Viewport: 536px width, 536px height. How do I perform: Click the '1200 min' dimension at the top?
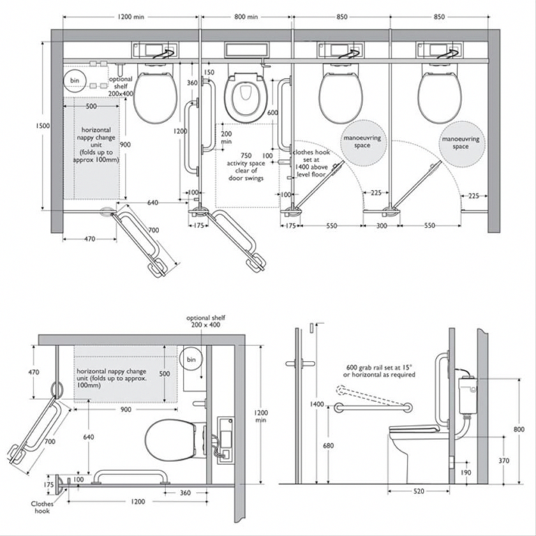[x=131, y=17]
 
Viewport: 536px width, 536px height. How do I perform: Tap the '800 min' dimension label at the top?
[x=246, y=17]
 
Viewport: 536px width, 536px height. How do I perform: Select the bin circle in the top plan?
[x=75, y=81]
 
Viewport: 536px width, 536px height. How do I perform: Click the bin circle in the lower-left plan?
[x=191, y=359]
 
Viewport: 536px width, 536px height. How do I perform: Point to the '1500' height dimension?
[x=42, y=126]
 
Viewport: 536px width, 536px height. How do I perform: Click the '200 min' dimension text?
[x=226, y=137]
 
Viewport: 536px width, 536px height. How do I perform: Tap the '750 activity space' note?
[x=246, y=167]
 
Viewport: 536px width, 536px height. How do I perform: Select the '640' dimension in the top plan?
[x=152, y=202]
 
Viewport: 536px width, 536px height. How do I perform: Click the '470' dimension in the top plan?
[x=89, y=239]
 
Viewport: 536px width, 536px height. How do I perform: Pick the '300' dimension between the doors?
[x=382, y=225]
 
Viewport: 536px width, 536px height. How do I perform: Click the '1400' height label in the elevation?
[x=317, y=404]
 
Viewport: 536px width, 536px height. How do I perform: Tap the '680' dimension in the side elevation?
[x=328, y=445]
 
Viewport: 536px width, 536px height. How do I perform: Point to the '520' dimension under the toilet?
[x=419, y=491]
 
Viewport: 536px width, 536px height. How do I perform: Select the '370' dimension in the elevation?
[x=503, y=461]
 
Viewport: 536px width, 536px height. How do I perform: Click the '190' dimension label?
[x=466, y=472]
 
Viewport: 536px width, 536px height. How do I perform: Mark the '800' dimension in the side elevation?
[x=519, y=429]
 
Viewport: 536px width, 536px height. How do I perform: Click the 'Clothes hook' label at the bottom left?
[x=42, y=507]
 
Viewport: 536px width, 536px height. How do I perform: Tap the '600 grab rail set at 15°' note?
[x=379, y=371]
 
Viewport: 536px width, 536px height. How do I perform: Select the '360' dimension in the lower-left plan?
[x=185, y=493]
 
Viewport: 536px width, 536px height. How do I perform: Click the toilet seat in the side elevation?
[x=414, y=429]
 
